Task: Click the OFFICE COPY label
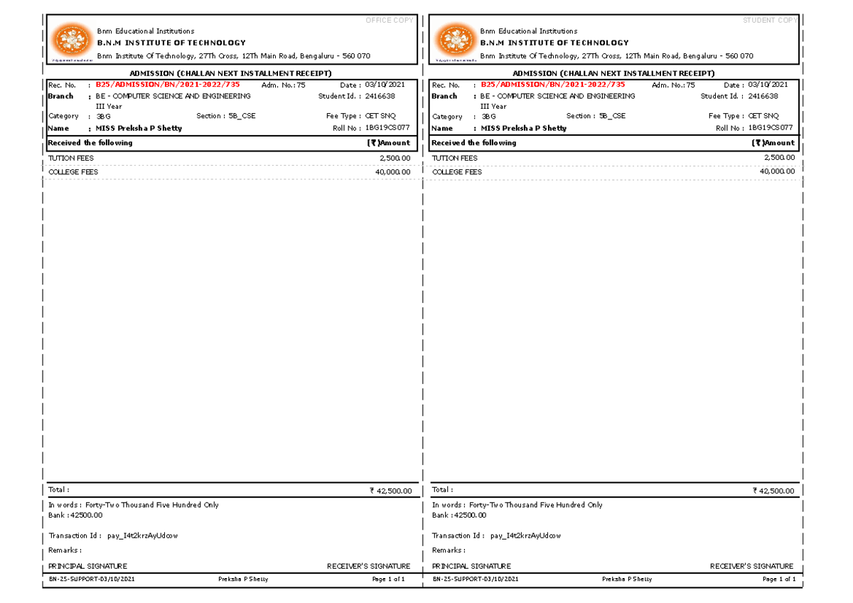point(389,21)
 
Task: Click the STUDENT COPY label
point(770,21)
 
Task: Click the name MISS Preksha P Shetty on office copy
point(139,129)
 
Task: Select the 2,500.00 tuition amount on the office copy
point(395,159)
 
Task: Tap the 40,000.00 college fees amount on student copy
point(777,172)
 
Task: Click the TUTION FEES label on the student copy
point(455,159)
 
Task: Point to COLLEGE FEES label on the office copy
point(73,172)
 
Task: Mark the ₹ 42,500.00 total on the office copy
point(391,491)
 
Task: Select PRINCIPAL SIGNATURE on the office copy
point(87,567)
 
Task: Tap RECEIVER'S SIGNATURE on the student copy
point(751,567)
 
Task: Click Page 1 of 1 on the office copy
point(388,580)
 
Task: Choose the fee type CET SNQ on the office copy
point(380,116)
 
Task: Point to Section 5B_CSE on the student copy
point(596,116)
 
